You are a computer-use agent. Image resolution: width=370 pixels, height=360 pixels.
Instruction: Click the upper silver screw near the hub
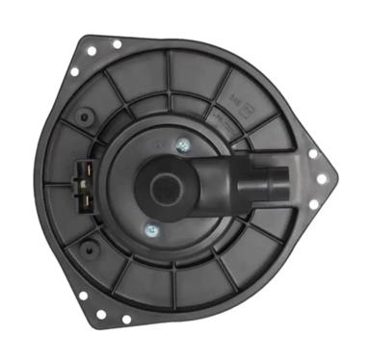(x=182, y=144)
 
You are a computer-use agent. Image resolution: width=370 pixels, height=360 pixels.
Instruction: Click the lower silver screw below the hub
(x=150, y=229)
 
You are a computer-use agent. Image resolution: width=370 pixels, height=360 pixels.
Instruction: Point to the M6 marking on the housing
(x=235, y=99)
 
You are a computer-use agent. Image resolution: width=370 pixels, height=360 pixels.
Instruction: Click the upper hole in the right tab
(x=312, y=152)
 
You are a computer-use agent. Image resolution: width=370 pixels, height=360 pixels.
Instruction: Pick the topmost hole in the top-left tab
(x=116, y=43)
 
